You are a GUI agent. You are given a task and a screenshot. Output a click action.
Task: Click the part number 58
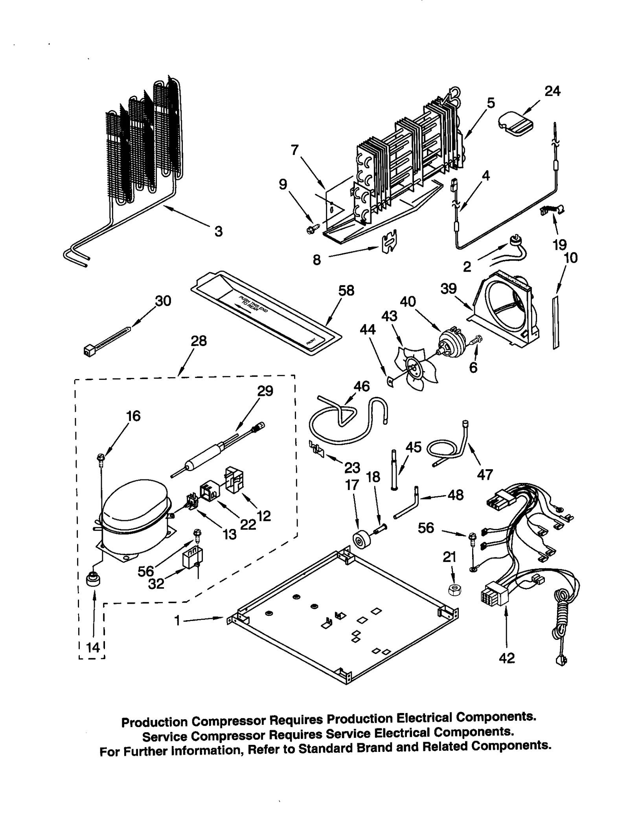point(346,291)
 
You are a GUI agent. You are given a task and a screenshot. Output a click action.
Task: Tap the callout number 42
point(506,658)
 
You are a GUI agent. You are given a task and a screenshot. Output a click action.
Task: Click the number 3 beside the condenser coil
point(218,231)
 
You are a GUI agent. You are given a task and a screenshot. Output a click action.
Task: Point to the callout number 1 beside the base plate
point(177,621)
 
